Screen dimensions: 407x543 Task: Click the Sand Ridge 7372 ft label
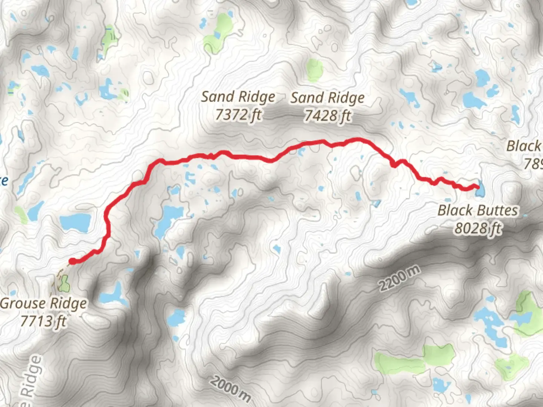(238, 106)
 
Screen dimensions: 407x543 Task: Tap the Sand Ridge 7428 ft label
(327, 107)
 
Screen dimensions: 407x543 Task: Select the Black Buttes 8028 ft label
(478, 219)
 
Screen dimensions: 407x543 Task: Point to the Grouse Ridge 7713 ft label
(43, 312)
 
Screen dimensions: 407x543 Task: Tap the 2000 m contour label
(230, 388)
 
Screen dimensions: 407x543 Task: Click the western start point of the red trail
(71, 261)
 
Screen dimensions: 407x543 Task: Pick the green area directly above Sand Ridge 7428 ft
(315, 70)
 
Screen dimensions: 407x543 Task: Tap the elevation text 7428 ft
(327, 116)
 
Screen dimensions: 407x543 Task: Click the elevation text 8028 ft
(478, 228)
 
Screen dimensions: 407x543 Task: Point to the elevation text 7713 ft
(43, 321)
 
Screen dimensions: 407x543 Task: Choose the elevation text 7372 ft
(238, 115)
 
